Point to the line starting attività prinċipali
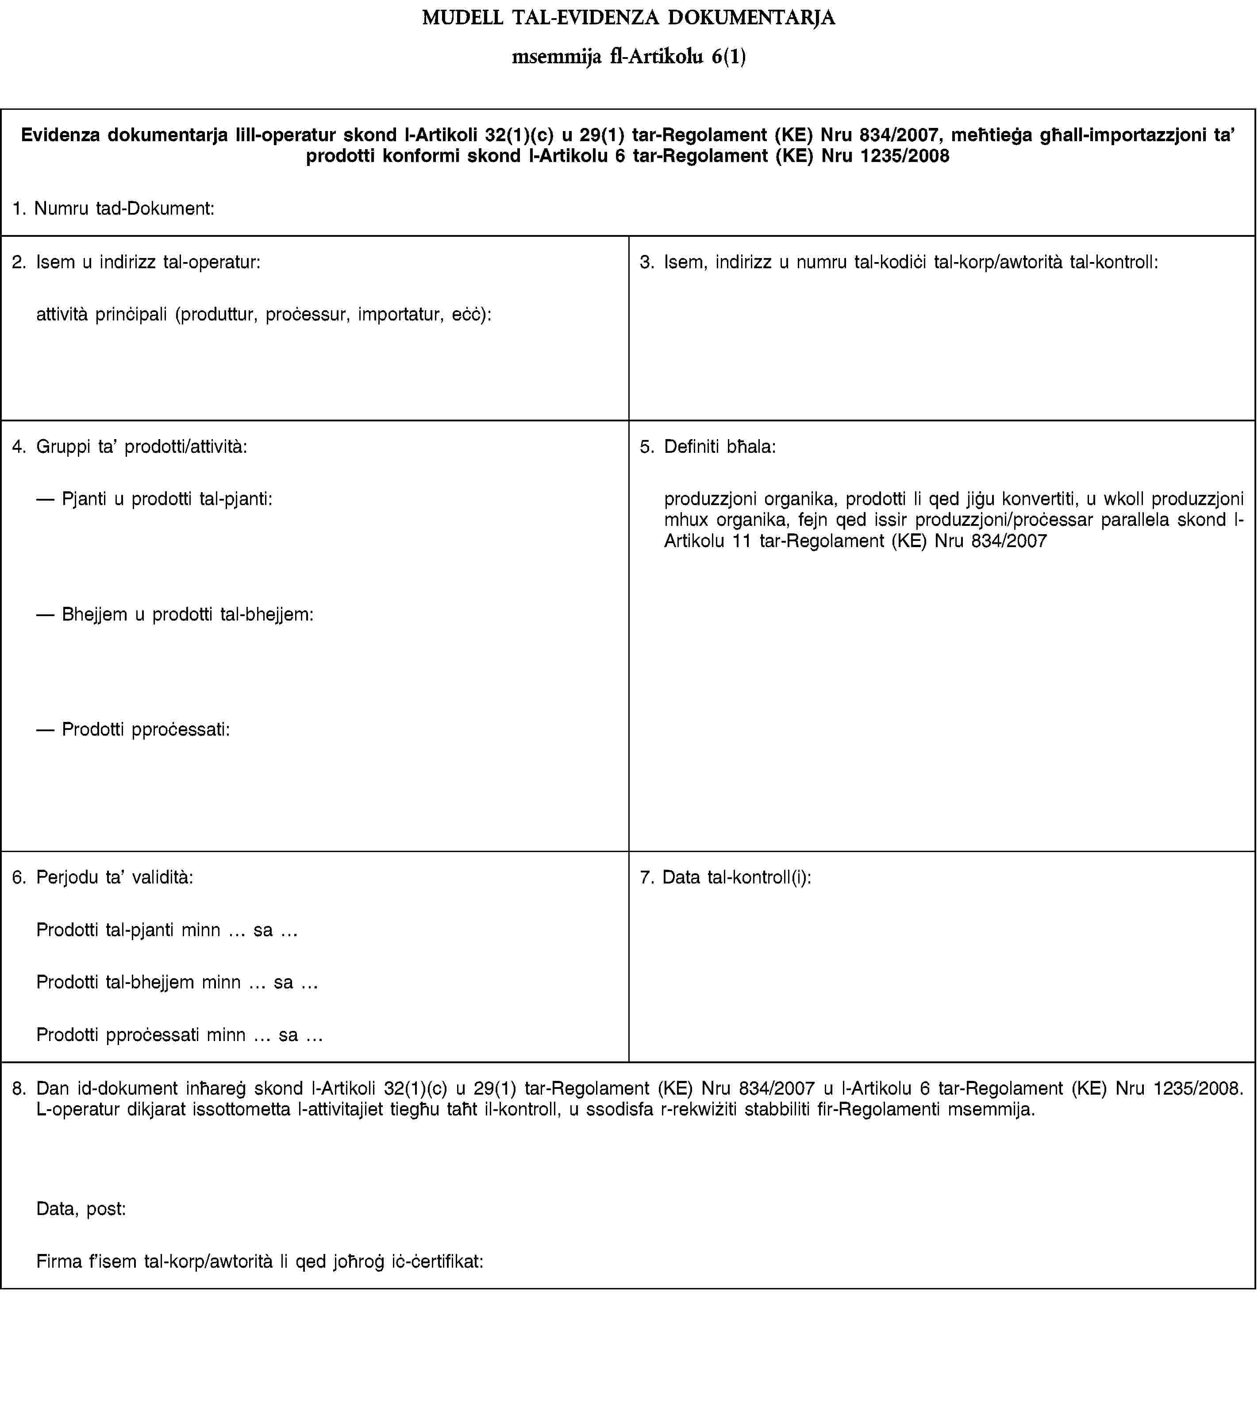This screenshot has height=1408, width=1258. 264,315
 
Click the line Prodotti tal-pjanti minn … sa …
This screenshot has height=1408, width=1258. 166,930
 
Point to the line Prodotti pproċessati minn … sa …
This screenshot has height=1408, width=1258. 179,1034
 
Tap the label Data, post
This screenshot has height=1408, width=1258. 81,1209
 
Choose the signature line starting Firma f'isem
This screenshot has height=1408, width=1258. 259,1261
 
